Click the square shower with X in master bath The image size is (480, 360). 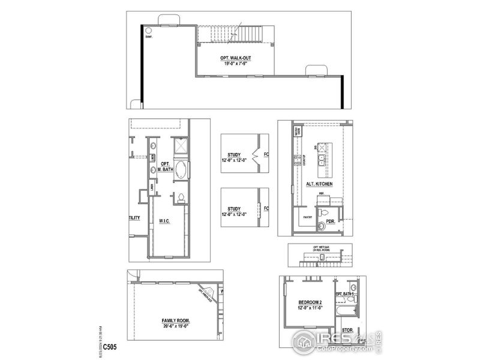coord(180,146)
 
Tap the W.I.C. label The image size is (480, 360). coord(166,221)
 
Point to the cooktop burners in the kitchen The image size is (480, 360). coord(297,160)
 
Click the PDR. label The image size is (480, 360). coord(329,221)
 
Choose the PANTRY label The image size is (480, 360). coord(308,217)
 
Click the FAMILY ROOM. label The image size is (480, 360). coord(175,321)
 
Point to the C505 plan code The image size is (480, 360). coord(110,347)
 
